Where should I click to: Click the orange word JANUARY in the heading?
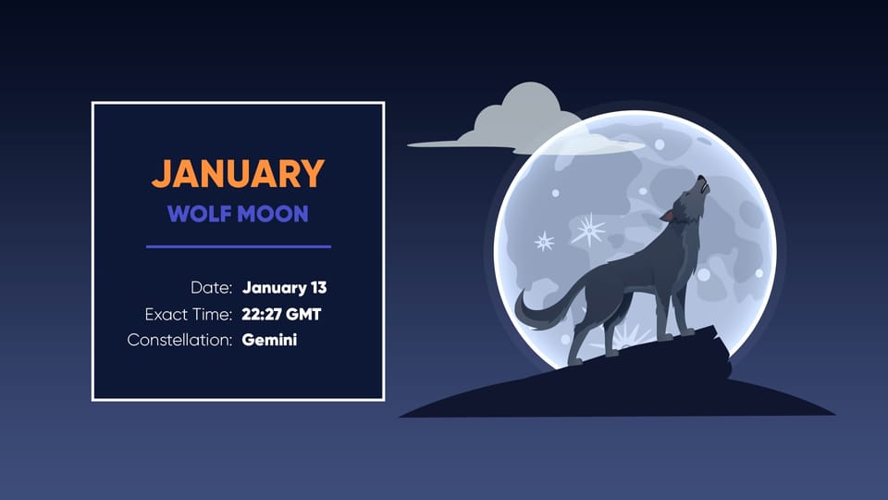[238, 174]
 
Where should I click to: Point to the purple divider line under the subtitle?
[238, 246]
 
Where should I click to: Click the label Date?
[211, 288]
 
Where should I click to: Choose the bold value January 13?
[284, 288]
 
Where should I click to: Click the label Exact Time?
[188, 314]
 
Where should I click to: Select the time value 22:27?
[260, 314]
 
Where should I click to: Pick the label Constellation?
[179, 340]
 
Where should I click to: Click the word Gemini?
[269, 340]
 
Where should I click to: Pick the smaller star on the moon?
[545, 242]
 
